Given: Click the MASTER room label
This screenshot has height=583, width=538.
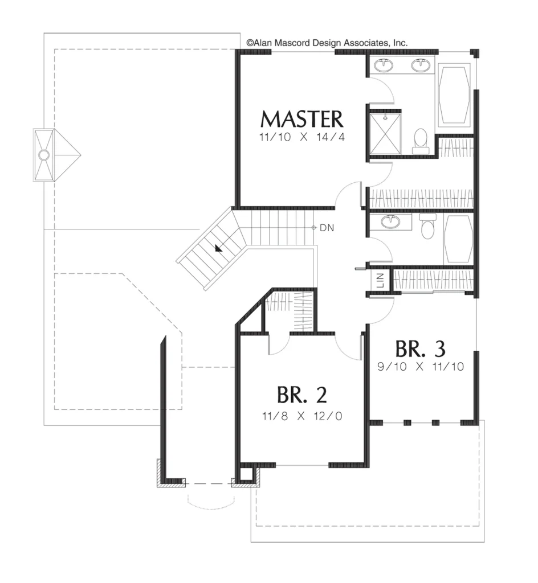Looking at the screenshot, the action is coord(301,119).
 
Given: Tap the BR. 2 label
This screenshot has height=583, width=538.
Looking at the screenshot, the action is coord(301,395).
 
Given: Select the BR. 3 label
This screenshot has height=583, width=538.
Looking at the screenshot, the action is coord(421,349).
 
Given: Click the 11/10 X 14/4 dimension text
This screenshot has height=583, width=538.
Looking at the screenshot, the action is coord(301,137).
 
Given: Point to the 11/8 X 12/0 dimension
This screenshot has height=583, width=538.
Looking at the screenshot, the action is coord(301,416).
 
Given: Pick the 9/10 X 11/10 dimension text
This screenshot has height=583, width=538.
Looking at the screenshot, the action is coord(421,367).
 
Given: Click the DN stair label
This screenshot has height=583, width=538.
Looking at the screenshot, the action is coord(327,228).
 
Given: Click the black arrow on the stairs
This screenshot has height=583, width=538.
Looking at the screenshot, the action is coord(218,248).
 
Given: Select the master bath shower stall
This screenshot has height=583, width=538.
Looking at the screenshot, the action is coord(385,133).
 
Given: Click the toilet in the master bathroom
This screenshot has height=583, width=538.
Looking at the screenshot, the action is coord(421,141).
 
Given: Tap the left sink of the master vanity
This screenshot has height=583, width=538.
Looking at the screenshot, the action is coord(384,65).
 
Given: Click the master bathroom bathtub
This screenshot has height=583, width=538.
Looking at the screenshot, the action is coord(453,95).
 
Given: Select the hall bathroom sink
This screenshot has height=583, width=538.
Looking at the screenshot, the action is coord(390,222).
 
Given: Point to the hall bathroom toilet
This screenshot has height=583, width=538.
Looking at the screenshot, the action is coord(427,226).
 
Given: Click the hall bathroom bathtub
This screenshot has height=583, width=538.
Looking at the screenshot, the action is coord(458,240).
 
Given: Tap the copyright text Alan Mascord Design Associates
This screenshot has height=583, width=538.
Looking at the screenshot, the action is coord(327,43).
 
